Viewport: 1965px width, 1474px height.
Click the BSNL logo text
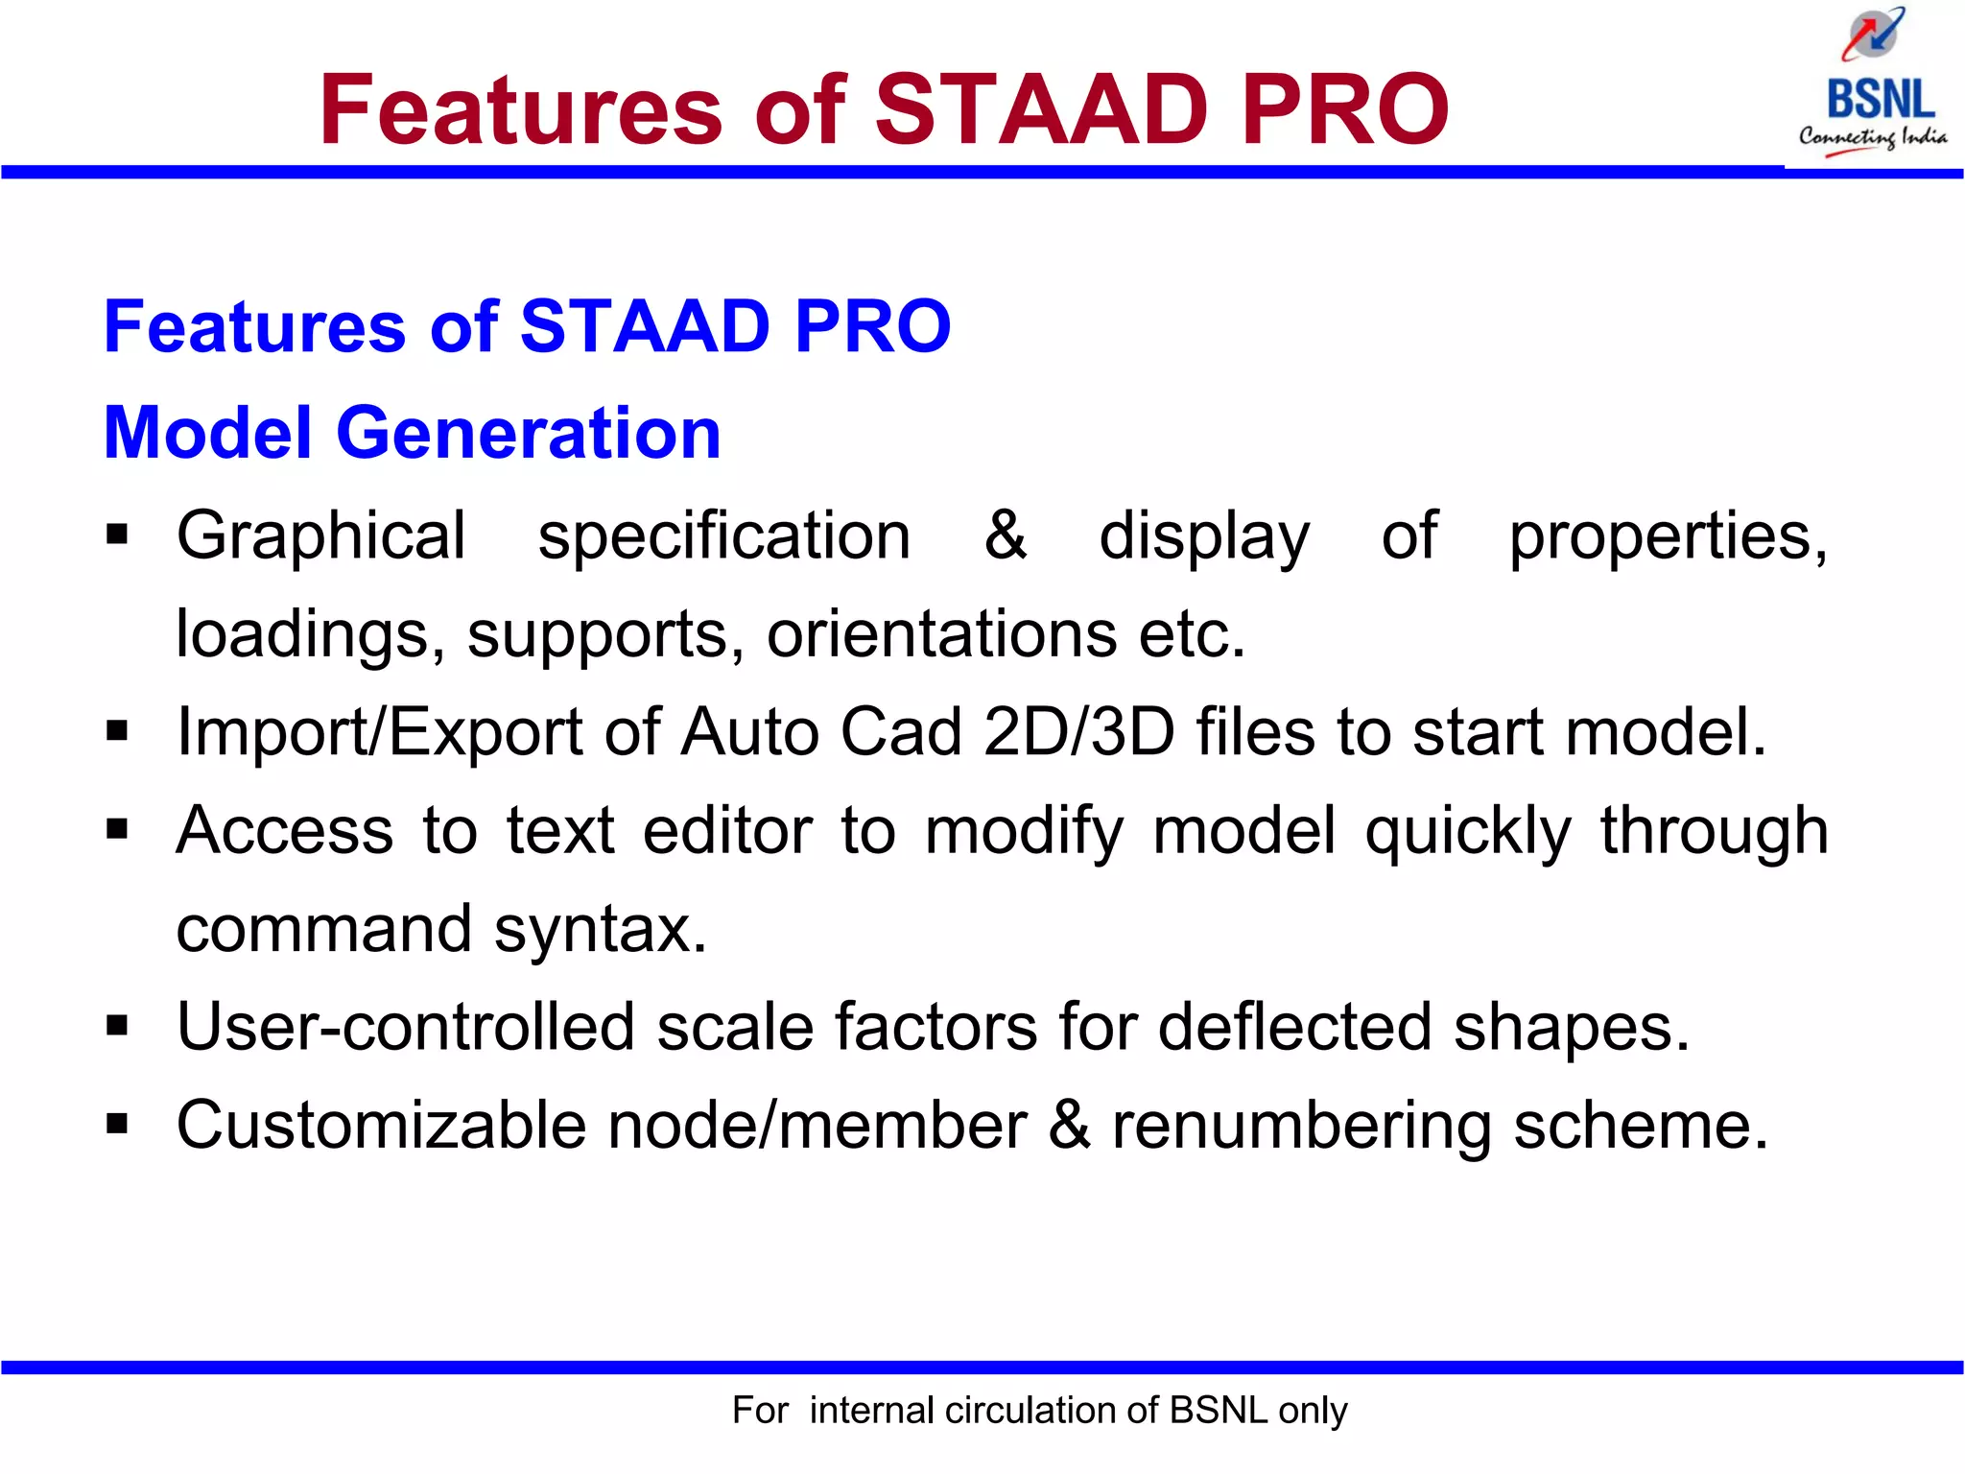[x=1880, y=99]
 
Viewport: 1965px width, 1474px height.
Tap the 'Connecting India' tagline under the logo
[x=1872, y=137]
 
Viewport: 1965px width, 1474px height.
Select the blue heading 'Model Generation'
[x=412, y=433]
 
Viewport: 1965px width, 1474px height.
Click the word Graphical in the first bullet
[x=321, y=535]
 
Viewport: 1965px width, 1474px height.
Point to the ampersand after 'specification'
[x=1005, y=535]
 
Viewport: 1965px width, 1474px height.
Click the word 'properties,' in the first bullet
[x=1668, y=537]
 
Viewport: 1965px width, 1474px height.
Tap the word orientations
[x=941, y=634]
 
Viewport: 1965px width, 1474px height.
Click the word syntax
[x=601, y=930]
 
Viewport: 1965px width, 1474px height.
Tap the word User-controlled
[x=406, y=1027]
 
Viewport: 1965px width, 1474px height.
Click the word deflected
[x=1294, y=1027]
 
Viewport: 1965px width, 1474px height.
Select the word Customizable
[x=381, y=1125]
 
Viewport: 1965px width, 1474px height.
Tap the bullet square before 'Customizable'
[x=117, y=1123]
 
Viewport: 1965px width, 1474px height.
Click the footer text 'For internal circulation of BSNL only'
[x=1039, y=1411]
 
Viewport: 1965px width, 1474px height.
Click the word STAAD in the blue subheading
[x=644, y=326]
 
